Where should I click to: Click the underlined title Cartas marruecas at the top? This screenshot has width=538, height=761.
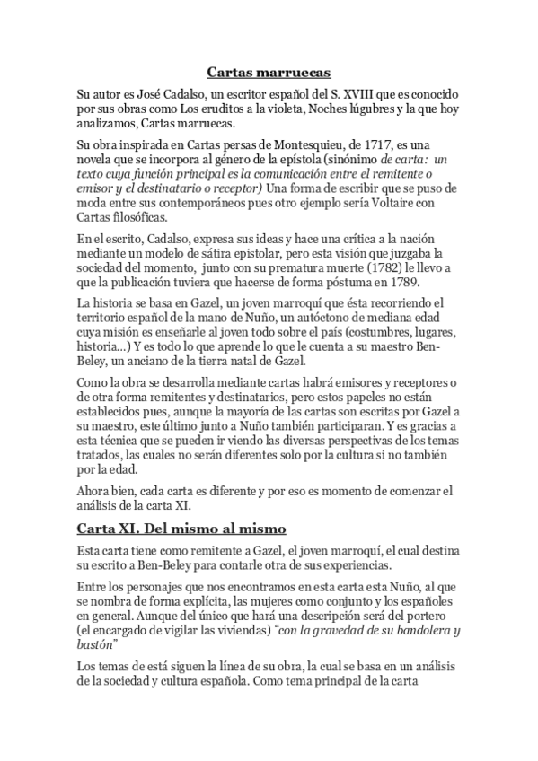pos(269,71)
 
